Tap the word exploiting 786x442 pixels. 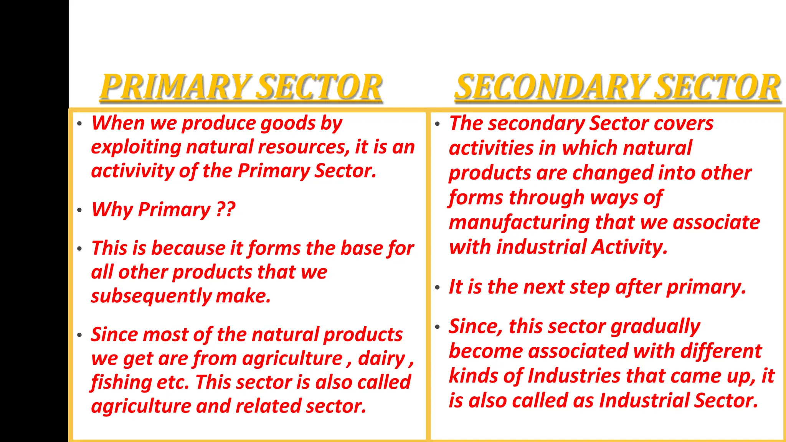click(x=136, y=148)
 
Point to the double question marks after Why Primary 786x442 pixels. click(x=226, y=209)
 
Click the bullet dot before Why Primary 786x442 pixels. click(x=79, y=210)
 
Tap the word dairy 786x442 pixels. click(x=381, y=359)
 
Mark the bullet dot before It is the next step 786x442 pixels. click(x=437, y=287)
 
